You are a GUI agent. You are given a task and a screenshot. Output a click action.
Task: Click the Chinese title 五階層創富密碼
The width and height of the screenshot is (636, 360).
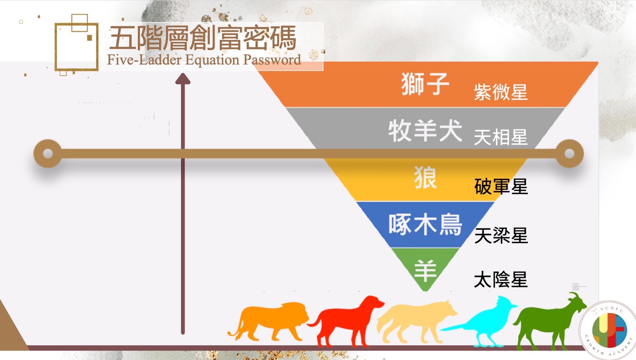(x=203, y=38)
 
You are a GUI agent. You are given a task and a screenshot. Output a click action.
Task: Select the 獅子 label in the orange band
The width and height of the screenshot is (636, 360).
(x=425, y=84)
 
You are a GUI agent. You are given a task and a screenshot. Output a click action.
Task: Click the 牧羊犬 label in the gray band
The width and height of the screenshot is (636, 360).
(x=425, y=130)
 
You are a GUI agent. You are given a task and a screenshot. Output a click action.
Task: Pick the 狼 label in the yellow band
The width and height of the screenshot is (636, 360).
(x=425, y=177)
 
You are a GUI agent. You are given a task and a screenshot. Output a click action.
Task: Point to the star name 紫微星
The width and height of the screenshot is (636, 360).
(x=501, y=92)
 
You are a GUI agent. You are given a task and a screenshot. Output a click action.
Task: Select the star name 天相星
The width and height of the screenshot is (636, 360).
(x=501, y=137)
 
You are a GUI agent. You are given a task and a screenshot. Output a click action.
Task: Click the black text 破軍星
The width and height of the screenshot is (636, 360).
(x=501, y=186)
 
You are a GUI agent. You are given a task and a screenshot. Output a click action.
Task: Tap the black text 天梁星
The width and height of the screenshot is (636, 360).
(x=501, y=235)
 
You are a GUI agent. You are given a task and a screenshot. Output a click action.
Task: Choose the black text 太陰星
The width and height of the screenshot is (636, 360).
(x=501, y=280)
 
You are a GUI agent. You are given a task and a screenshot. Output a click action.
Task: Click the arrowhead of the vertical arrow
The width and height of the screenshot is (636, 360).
(x=183, y=79)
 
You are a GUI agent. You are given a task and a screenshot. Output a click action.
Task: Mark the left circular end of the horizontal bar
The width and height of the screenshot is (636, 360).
(x=48, y=153)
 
